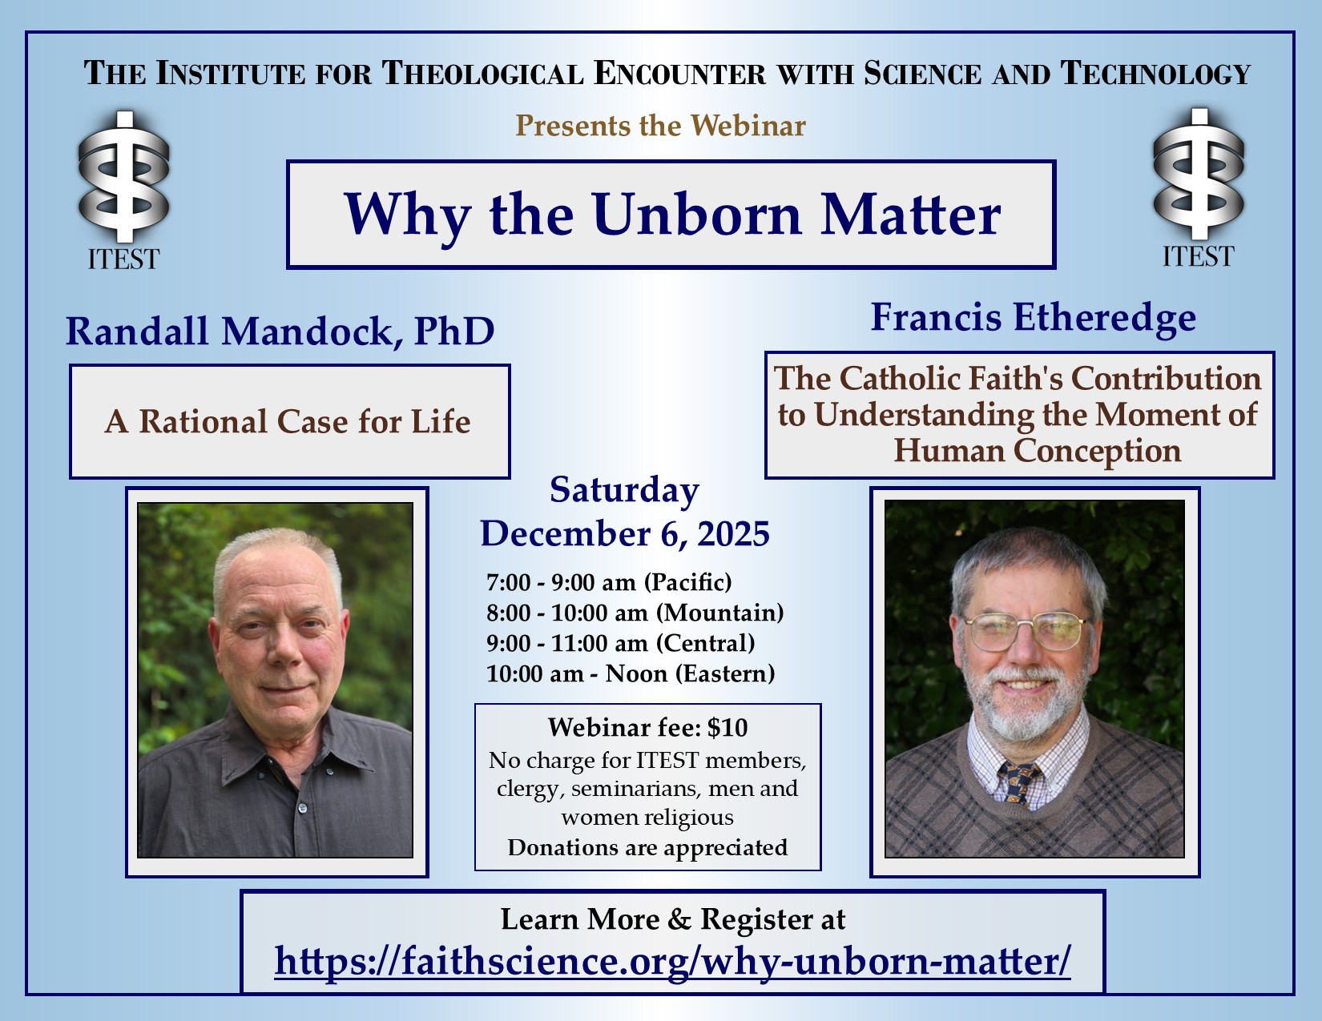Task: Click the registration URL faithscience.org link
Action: (672, 962)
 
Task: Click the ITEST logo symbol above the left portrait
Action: (123, 176)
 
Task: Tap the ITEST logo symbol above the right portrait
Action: (1199, 174)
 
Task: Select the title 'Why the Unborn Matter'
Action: (672, 215)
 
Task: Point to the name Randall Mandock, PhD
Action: (280, 332)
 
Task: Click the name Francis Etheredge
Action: (1033, 318)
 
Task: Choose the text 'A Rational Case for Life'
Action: (287, 421)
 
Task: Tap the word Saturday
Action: (624, 490)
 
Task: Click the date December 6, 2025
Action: (625, 534)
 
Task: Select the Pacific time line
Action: (609, 582)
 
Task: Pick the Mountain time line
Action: (635, 613)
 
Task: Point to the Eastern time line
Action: (631, 673)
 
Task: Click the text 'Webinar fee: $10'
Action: (647, 727)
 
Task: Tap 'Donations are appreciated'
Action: (647, 847)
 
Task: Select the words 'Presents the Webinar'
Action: (661, 126)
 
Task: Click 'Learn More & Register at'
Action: (673, 918)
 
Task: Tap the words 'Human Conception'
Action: (1038, 451)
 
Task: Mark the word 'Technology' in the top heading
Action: (1155, 73)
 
